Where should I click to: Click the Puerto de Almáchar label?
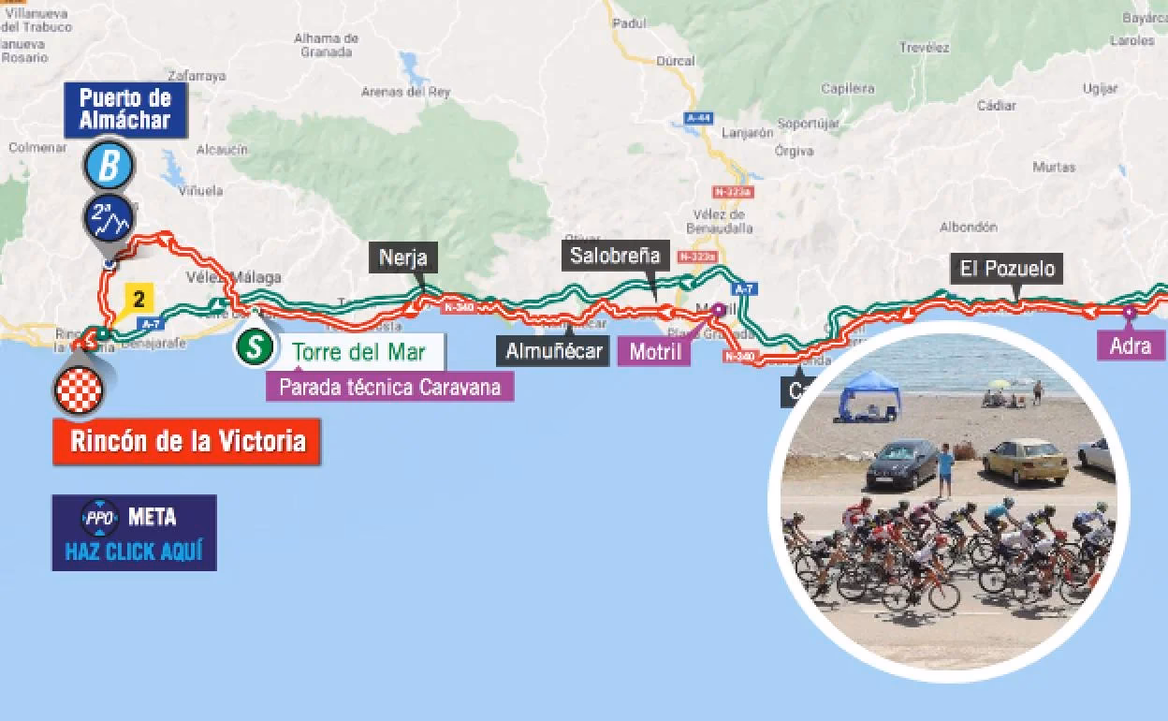click(124, 109)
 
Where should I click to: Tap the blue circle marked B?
click(109, 167)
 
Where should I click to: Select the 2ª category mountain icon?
click(109, 218)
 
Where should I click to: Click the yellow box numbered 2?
click(139, 300)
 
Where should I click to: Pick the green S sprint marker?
click(253, 346)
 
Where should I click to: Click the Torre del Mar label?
click(358, 353)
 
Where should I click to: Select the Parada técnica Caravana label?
click(389, 386)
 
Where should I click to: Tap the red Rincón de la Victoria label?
click(186, 440)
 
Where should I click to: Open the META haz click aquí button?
click(134, 532)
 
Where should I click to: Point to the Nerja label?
click(403, 257)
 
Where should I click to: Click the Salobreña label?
click(615, 255)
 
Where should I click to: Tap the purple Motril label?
click(655, 352)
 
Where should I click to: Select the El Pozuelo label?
click(1007, 270)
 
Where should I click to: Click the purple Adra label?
click(1130, 346)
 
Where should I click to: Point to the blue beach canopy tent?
click(869, 393)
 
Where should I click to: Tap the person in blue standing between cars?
click(946, 470)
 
